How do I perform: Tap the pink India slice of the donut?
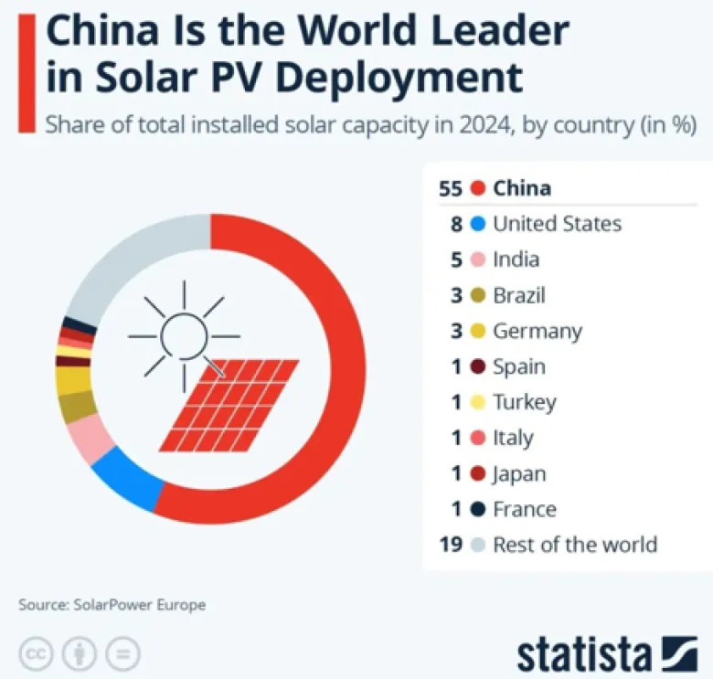point(90,438)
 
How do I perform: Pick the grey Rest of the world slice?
point(128,265)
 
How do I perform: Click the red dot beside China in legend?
point(476,189)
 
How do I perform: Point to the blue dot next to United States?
point(476,225)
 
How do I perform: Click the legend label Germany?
point(537,331)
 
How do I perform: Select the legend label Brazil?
point(519,295)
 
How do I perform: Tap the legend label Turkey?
point(525,402)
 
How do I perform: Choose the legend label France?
point(525,509)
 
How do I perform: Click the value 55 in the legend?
point(451,189)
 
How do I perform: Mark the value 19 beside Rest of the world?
point(451,545)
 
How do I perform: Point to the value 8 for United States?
point(457,225)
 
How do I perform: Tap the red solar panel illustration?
point(229,404)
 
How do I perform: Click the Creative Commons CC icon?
point(34,653)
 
